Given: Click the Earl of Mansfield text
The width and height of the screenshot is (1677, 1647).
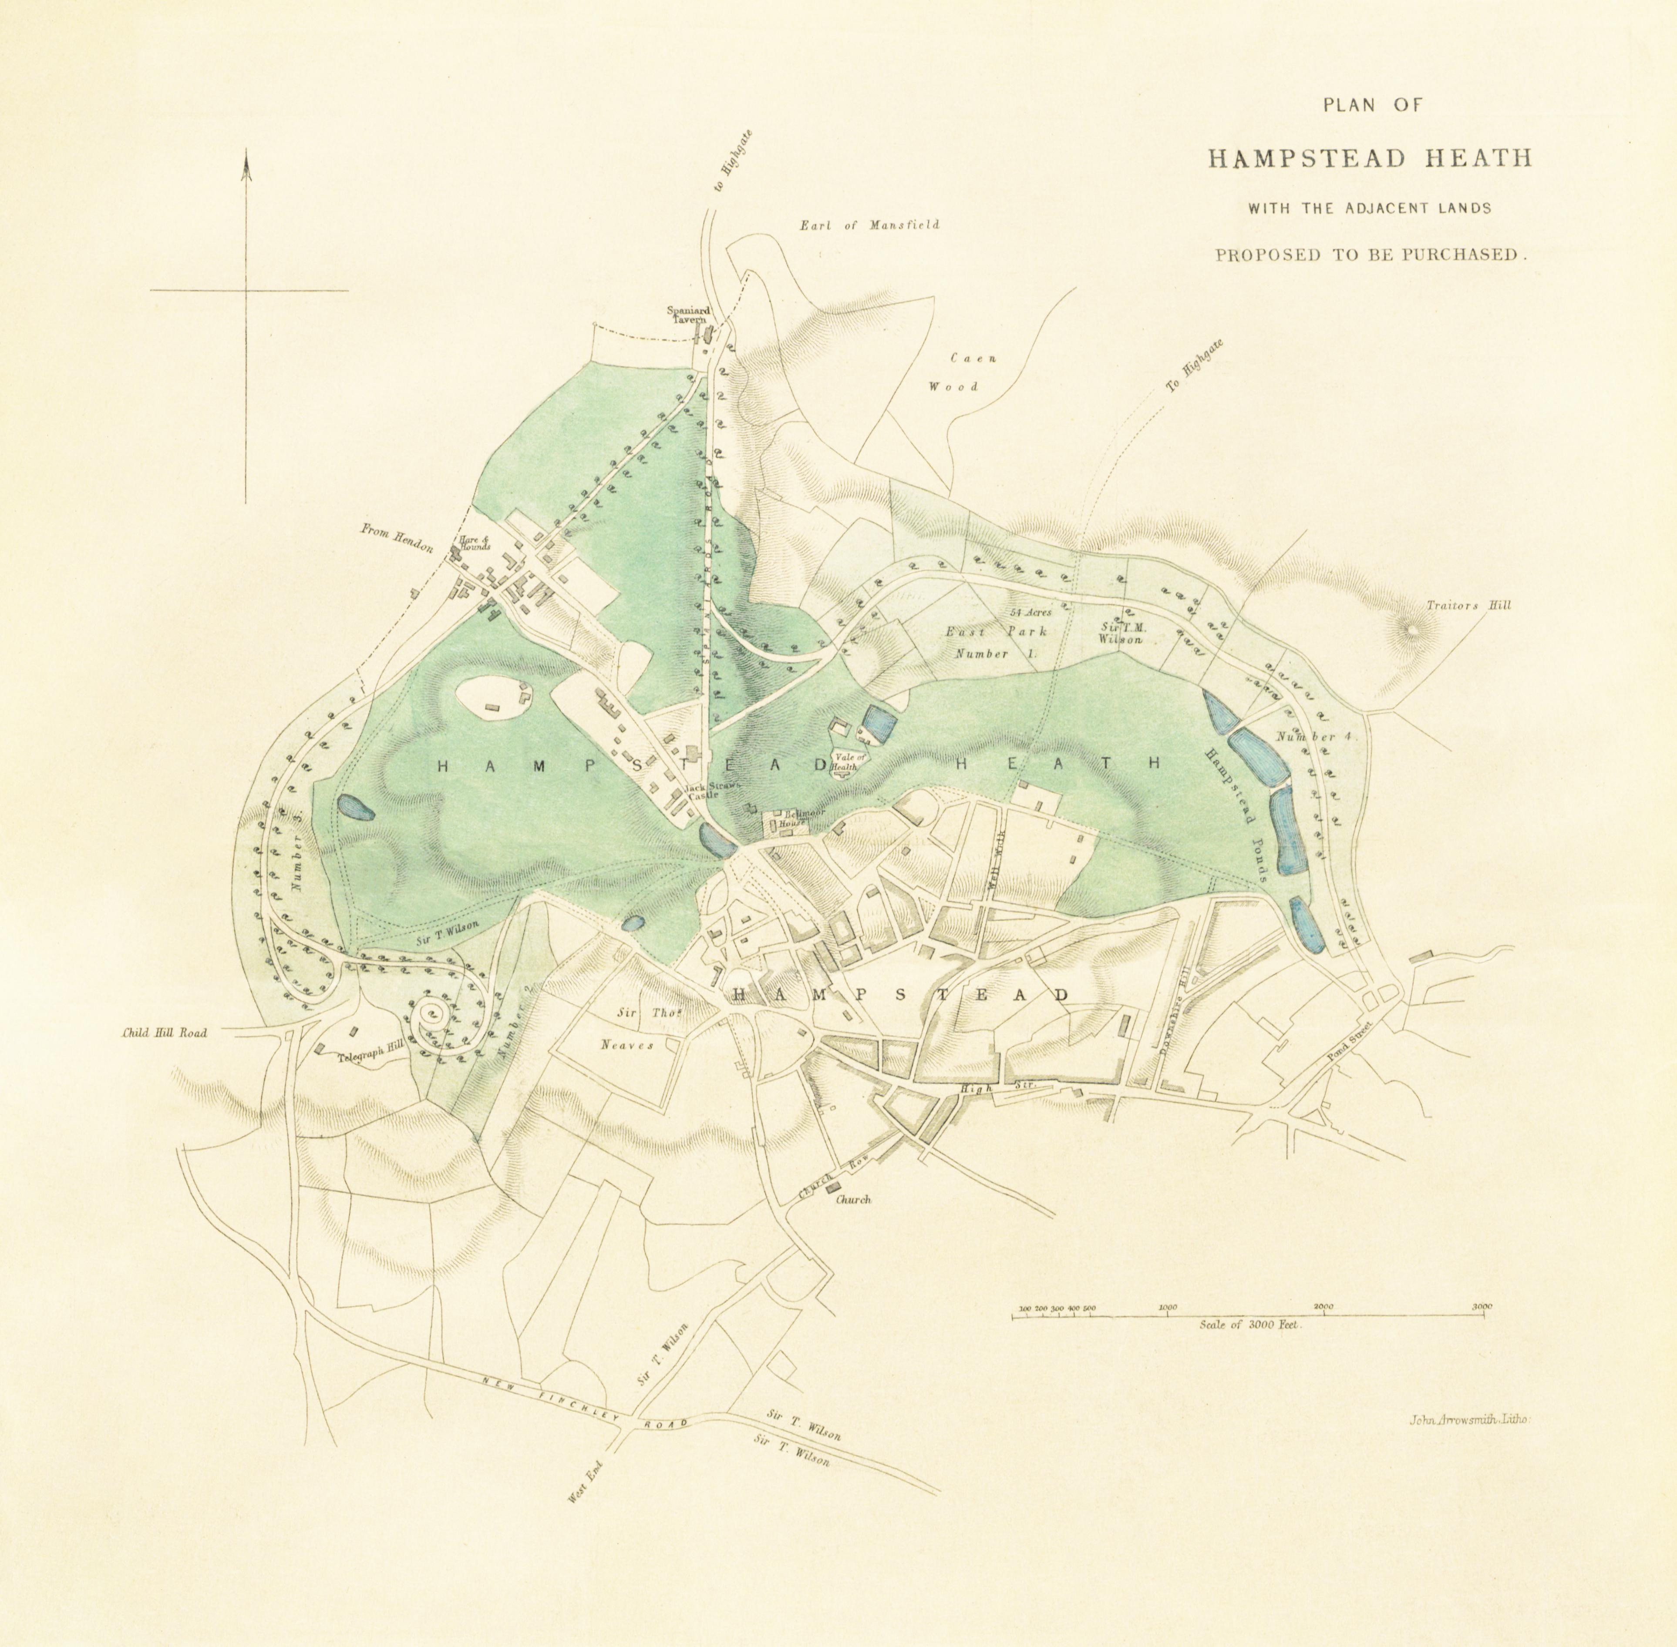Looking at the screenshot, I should pos(869,225).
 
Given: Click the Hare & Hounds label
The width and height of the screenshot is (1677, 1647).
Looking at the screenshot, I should pos(474,543).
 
